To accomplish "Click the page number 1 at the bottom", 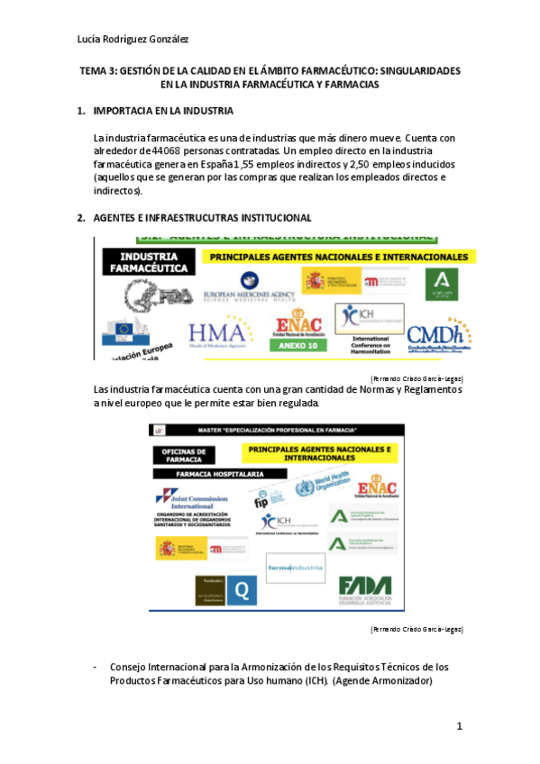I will pyautogui.click(x=459, y=725).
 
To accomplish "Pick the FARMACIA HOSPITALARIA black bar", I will pyautogui.click(x=207, y=473).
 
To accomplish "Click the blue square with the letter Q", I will pyautogui.click(x=241, y=590).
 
